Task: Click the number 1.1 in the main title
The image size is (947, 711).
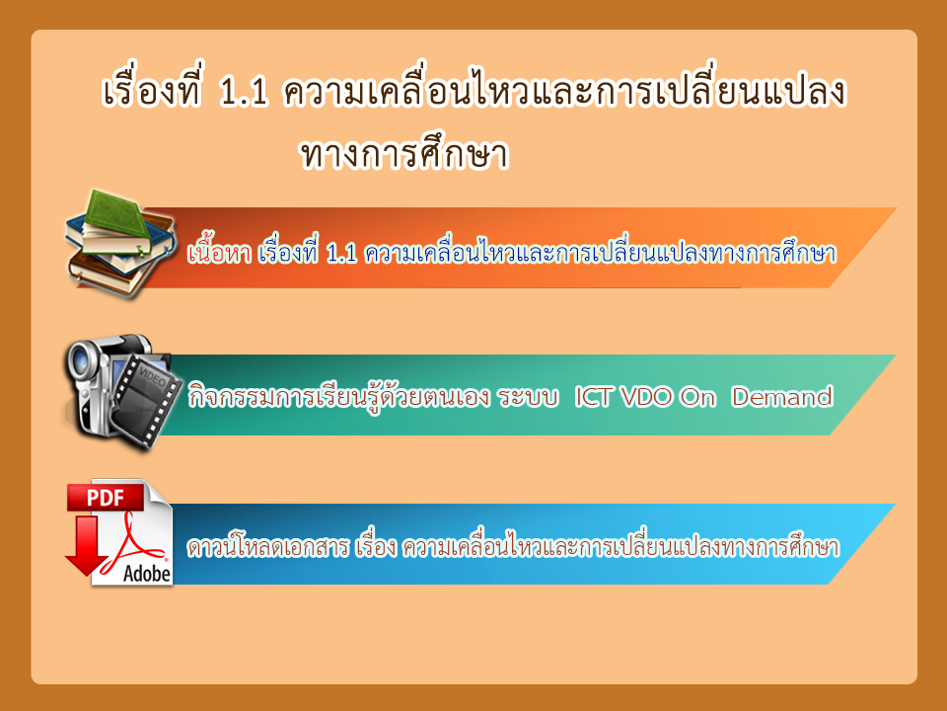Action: (244, 93)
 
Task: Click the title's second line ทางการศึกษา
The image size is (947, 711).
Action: (404, 152)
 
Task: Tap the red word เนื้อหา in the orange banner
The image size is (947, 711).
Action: (219, 252)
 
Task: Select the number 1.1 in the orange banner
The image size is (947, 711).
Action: (341, 254)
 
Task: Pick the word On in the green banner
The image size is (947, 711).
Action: (697, 397)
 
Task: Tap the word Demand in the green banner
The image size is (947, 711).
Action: (782, 397)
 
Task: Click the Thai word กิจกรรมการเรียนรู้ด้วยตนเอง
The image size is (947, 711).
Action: (338, 397)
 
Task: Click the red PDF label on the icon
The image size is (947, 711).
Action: (106, 498)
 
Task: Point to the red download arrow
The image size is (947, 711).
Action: (88, 545)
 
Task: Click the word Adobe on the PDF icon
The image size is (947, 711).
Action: (147, 573)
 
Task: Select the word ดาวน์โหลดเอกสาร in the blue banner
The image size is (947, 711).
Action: (268, 546)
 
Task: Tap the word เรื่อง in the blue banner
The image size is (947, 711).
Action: (376, 546)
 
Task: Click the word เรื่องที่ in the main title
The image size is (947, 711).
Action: (152, 91)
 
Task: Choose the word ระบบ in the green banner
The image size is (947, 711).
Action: (528, 397)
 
